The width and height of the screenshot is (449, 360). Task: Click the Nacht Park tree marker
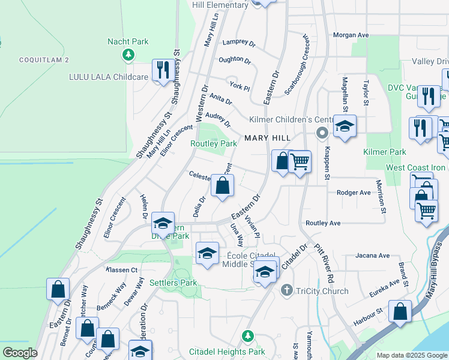click(x=128, y=56)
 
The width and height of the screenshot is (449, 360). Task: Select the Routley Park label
click(x=214, y=144)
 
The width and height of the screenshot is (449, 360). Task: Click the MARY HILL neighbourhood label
click(x=267, y=138)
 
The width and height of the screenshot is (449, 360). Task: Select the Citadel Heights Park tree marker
click(x=246, y=336)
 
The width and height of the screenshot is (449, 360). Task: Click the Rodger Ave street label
click(x=354, y=193)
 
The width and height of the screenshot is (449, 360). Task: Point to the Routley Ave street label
click(x=323, y=223)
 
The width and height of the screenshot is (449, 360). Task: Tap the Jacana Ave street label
click(x=372, y=256)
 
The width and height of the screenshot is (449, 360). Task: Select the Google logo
click(x=20, y=353)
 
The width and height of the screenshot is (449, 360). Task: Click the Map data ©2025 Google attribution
click(x=412, y=355)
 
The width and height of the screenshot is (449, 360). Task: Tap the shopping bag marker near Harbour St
click(x=400, y=312)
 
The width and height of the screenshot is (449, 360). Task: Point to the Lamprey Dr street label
click(x=238, y=43)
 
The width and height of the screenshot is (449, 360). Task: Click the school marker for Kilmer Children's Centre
click(x=345, y=127)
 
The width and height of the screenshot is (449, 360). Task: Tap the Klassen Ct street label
click(x=122, y=270)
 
